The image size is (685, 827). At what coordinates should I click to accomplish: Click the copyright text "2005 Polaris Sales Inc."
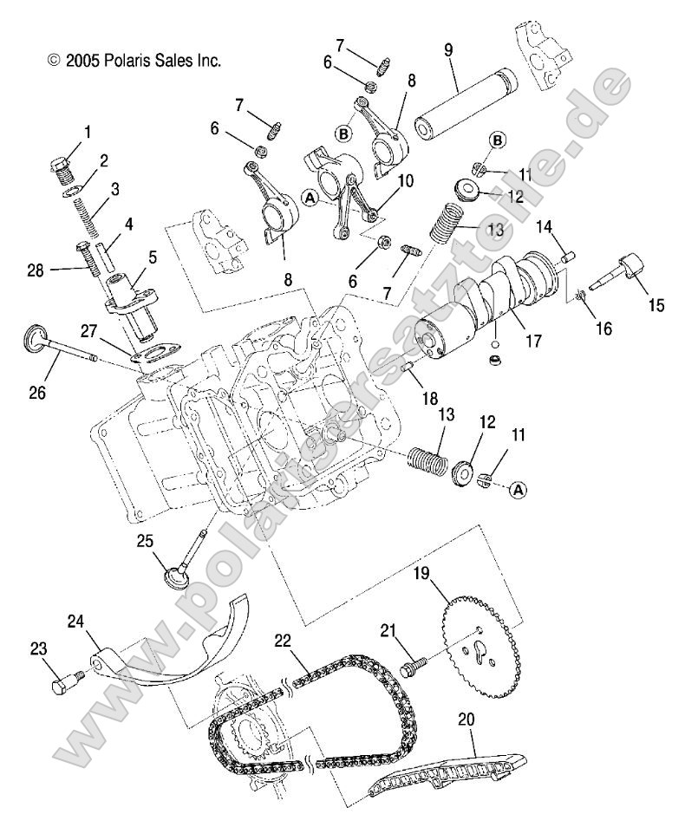click(x=134, y=61)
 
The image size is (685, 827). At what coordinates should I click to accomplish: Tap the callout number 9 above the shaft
click(x=447, y=50)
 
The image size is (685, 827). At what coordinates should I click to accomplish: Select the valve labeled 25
click(x=186, y=572)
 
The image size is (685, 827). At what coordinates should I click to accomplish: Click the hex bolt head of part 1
click(x=62, y=165)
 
